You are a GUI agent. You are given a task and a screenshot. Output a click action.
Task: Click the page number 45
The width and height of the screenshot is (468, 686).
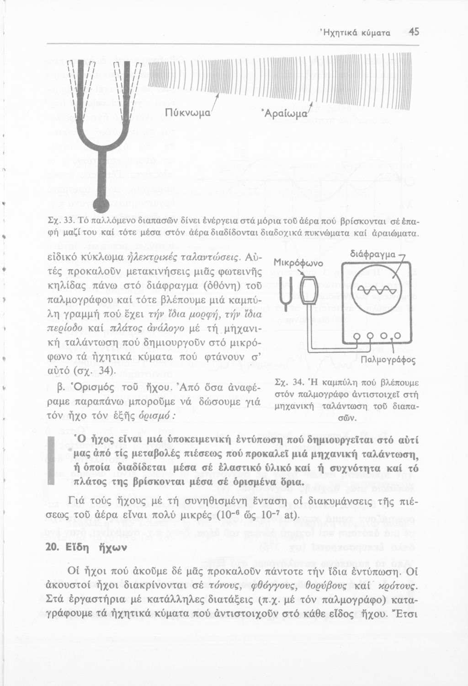click(x=414, y=32)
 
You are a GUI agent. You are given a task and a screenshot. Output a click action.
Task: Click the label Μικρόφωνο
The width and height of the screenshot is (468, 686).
click(x=298, y=263)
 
